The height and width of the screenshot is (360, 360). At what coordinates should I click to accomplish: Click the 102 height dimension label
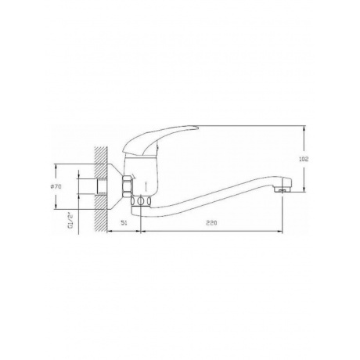click(304, 159)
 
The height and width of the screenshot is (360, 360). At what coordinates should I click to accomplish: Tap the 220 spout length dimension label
click(211, 223)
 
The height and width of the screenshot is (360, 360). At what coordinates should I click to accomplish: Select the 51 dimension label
click(124, 223)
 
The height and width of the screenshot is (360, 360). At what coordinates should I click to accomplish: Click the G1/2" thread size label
click(70, 221)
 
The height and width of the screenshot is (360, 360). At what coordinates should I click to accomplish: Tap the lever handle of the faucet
click(159, 139)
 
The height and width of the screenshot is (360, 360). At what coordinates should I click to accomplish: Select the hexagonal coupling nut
click(128, 186)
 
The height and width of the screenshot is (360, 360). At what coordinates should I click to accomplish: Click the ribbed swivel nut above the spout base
click(141, 201)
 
